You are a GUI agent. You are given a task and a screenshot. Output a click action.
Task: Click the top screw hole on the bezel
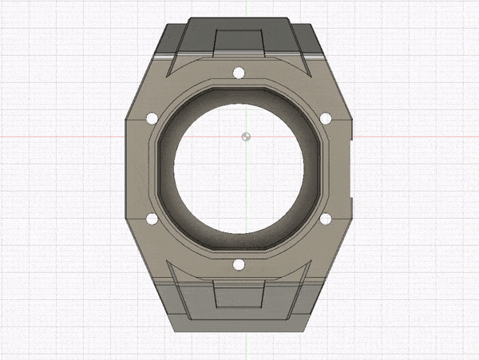click(x=238, y=74)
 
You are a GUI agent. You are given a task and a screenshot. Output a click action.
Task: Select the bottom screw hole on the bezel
click(x=238, y=264)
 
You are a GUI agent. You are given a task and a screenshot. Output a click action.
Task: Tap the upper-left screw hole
click(x=151, y=119)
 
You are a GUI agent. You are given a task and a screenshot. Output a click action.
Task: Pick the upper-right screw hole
click(x=326, y=119)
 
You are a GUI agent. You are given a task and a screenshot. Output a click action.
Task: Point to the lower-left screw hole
click(x=151, y=218)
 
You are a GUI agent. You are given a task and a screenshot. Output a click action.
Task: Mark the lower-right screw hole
click(x=326, y=218)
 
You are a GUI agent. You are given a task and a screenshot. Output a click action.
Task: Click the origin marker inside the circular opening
click(x=247, y=136)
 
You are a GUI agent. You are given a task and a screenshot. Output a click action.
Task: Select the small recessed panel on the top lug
click(x=239, y=41)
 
